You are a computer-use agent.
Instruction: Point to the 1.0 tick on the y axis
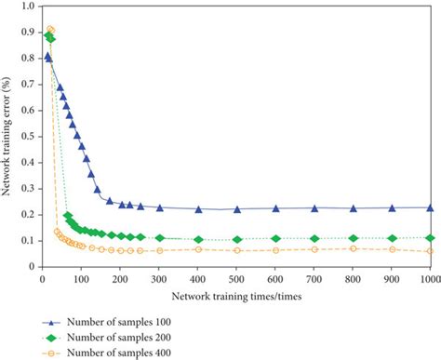click(27, 7)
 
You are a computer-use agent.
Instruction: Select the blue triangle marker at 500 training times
click(237, 209)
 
